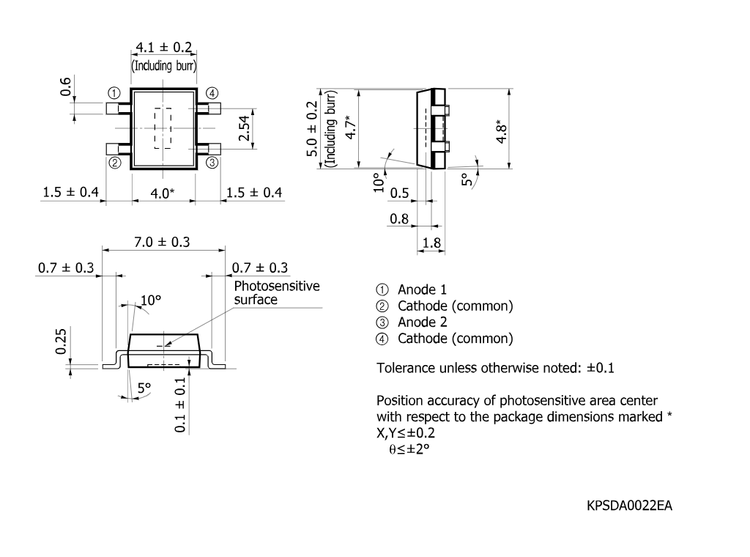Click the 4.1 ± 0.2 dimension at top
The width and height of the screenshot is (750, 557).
[163, 47]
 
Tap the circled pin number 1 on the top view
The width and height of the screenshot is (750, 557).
[114, 93]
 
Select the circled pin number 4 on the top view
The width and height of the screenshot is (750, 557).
[212, 93]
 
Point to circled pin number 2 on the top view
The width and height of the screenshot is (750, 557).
[115, 163]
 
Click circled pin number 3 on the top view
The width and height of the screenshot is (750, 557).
[212, 163]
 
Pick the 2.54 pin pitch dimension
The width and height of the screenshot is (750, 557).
[244, 128]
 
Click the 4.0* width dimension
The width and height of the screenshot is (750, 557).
[162, 193]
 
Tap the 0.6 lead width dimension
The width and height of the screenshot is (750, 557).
[65, 86]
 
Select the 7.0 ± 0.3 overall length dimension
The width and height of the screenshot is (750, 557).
[162, 242]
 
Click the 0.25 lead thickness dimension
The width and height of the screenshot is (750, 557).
[61, 342]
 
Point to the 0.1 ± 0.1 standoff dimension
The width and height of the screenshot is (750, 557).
[180, 405]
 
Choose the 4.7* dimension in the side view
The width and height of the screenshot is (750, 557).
[351, 128]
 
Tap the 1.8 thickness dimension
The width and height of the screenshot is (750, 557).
[431, 243]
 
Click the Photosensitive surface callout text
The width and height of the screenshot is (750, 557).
[276, 293]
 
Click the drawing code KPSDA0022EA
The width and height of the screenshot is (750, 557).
[629, 506]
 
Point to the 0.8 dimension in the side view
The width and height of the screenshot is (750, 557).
[399, 219]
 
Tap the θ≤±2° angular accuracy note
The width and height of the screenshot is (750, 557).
[409, 449]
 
